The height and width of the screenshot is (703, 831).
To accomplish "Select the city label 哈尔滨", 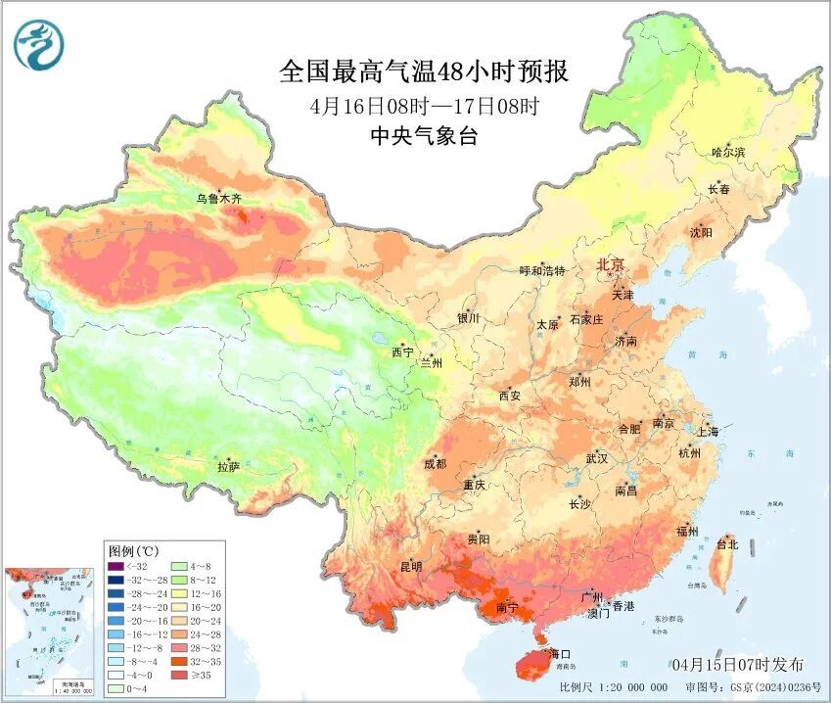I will (x=728, y=152).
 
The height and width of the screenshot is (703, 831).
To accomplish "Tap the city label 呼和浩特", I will (x=542, y=270).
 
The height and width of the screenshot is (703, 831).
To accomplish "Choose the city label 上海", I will (x=707, y=431).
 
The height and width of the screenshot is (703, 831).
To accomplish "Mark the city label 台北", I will (x=727, y=543).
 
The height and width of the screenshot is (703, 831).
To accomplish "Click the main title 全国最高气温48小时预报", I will (x=423, y=71).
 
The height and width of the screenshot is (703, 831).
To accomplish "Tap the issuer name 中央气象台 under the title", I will (x=424, y=137).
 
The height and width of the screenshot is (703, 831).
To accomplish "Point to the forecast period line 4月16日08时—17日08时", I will (x=424, y=106).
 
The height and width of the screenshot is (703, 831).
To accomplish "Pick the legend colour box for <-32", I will (x=116, y=567).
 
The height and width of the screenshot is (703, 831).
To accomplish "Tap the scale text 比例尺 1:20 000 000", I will (x=613, y=687).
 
